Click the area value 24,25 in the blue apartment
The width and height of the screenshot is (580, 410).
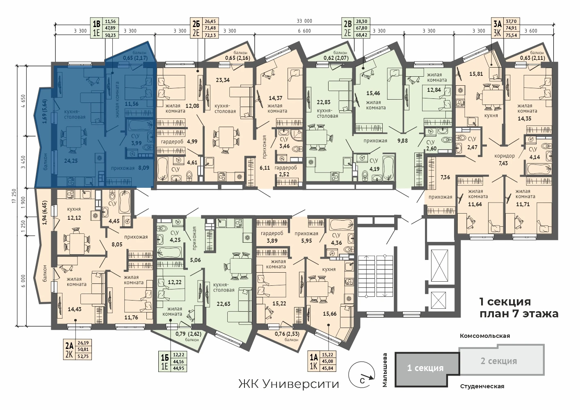[71, 160]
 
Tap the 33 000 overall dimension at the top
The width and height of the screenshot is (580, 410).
[304, 21]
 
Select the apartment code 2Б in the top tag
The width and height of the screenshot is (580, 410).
[196, 24]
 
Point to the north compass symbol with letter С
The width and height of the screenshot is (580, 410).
[362, 375]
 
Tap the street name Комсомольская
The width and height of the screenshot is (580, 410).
[485, 336]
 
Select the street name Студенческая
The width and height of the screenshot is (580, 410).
[482, 387]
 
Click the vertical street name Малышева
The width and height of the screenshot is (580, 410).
[385, 370]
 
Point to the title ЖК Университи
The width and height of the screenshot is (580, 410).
[288, 384]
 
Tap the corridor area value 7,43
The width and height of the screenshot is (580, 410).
[503, 163]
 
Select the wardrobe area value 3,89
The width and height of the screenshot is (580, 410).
[272, 241]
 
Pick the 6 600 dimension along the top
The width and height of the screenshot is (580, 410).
[304, 31]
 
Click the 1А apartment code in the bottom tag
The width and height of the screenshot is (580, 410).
[313, 358]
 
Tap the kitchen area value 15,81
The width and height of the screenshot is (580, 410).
[476, 74]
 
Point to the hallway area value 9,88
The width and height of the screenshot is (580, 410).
[402, 141]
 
